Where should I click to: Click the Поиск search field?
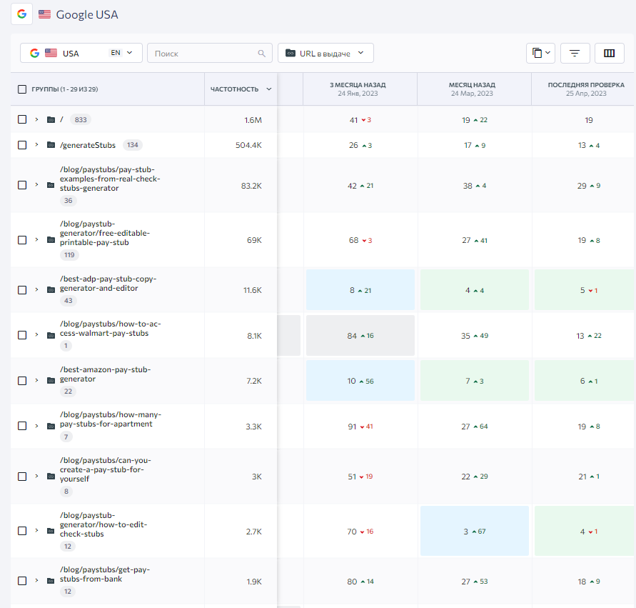(209, 53)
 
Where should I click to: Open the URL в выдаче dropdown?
(325, 53)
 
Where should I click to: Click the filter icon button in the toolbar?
(575, 53)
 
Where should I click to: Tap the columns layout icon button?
(609, 53)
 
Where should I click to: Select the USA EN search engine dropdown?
(81, 53)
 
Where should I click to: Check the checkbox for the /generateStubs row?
(22, 145)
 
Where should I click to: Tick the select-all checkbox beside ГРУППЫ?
(22, 89)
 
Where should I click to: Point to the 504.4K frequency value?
(248, 145)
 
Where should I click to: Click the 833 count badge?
(81, 120)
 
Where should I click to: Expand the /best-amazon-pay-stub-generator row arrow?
(36, 380)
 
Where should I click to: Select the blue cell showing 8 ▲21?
(360, 290)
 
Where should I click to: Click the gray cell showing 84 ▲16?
(360, 336)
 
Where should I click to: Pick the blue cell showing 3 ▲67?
(475, 531)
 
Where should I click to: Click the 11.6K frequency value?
(252, 290)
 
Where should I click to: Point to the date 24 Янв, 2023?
(358, 94)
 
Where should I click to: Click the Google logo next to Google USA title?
(22, 14)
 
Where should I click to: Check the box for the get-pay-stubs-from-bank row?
(22, 581)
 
